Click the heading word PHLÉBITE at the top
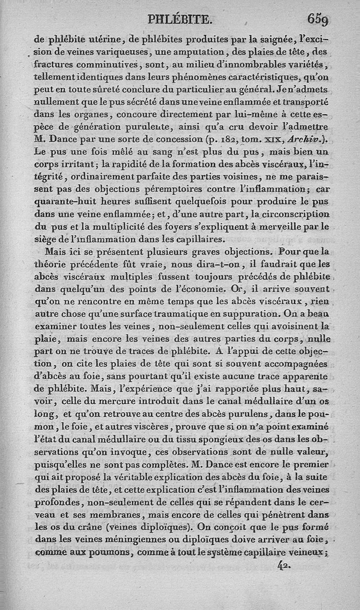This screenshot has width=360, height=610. pyautogui.click(x=179, y=19)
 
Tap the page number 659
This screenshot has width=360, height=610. pyautogui.click(x=318, y=19)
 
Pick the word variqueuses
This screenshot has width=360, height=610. pyautogui.click(x=119, y=57)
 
